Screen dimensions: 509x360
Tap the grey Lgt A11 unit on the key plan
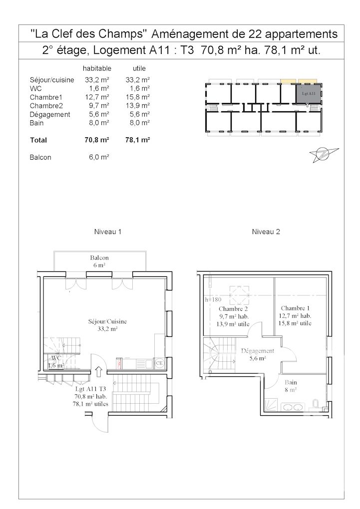[308, 93]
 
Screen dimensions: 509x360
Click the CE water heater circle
[160, 363]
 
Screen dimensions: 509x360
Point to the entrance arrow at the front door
[98, 371]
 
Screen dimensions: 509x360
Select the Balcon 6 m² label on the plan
[99, 261]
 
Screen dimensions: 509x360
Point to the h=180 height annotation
[213, 300]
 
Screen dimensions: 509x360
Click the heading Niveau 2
[266, 232]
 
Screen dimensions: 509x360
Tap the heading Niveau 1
[108, 232]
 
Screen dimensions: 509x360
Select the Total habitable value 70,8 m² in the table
[97, 141]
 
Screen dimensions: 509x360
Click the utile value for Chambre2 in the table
[138, 106]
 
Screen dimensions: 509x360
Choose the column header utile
[139, 68]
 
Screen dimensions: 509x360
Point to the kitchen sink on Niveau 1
[121, 363]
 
